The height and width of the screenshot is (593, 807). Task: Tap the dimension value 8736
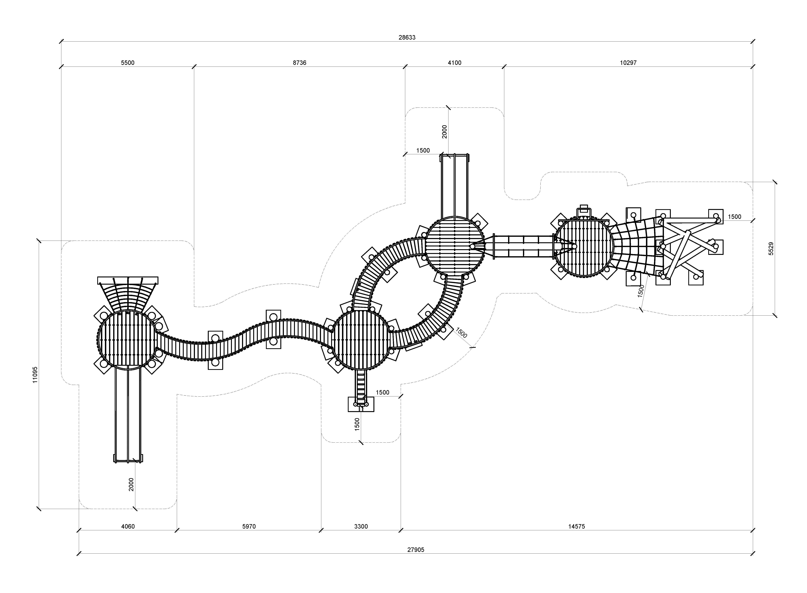[x=299, y=63]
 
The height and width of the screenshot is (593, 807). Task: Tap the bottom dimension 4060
[x=128, y=527]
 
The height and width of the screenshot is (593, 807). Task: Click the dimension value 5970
[x=249, y=527]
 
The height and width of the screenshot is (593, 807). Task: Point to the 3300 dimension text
[x=361, y=527]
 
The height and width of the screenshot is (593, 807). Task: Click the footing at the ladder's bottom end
[x=361, y=404]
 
